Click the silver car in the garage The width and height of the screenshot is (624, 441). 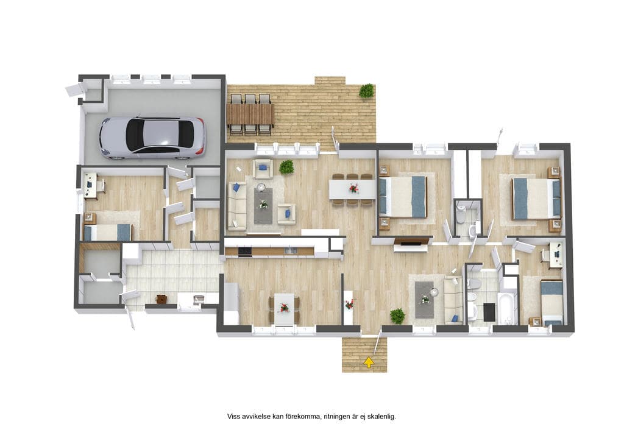152,137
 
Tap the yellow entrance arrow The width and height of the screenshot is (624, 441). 369,362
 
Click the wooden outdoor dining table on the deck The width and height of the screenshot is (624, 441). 250,114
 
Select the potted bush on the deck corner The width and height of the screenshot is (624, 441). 366,91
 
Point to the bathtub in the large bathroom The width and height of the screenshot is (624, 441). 508,309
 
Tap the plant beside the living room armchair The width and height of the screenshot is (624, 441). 286,167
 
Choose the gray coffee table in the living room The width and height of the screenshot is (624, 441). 263,206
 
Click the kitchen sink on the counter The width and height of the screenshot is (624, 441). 289,250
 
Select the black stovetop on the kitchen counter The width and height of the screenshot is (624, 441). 245,251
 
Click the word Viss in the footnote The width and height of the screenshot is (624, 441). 233,417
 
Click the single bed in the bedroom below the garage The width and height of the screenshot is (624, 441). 107,232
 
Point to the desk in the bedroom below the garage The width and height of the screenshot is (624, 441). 90,186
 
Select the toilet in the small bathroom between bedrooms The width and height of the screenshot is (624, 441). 461,216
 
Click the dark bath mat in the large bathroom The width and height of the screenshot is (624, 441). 489,312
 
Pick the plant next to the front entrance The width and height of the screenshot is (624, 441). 397,316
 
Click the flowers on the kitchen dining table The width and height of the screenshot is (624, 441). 284,307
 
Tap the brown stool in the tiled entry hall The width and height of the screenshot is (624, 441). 161,299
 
